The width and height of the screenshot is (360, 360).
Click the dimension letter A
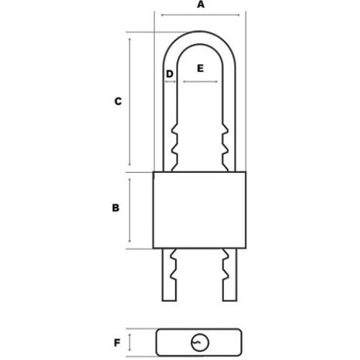click(x=200, y=5)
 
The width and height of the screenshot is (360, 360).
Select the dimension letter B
click(x=114, y=209)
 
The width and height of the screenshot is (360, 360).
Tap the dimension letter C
click(x=117, y=102)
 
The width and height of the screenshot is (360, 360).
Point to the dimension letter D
click(x=170, y=73)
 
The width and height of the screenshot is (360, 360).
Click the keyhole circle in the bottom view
click(x=199, y=342)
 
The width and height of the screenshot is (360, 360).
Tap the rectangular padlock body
click(x=199, y=210)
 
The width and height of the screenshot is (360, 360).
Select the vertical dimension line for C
click(x=130, y=102)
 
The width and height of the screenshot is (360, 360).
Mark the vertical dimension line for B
click(x=130, y=210)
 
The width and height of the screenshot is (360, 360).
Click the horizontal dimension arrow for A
click(x=200, y=15)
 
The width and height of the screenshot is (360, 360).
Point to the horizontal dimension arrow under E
click(x=200, y=82)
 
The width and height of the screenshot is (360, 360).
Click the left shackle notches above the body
click(x=174, y=145)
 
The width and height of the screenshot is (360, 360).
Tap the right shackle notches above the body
click(x=226, y=145)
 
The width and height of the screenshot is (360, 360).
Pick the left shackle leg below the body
click(x=174, y=277)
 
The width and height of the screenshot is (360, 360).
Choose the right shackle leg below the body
click(x=226, y=277)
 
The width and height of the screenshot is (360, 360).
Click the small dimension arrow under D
click(x=171, y=82)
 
